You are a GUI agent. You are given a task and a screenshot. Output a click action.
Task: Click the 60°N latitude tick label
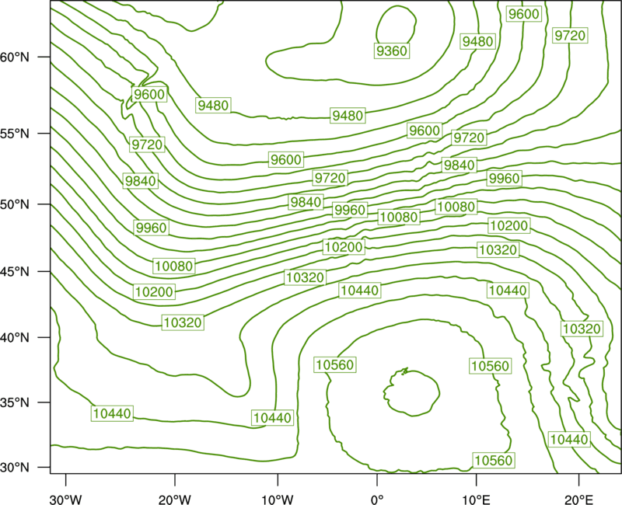15,57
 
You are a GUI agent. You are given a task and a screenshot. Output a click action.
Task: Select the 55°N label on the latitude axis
15,133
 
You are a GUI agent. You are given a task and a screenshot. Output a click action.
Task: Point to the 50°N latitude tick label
15,204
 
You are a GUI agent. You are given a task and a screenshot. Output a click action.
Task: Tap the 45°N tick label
15,271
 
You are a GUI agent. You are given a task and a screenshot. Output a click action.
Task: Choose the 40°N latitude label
15,337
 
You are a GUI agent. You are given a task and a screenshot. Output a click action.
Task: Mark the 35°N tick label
15,402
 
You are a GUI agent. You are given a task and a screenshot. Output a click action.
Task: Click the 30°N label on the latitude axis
15,468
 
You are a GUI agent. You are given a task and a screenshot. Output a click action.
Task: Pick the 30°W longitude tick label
66,500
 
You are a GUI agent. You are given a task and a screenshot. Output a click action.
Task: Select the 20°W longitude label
175,500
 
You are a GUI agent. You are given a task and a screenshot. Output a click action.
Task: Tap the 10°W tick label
278,500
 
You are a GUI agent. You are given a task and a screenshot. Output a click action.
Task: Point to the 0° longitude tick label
377,500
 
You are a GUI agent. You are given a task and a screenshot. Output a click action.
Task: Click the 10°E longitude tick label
476,500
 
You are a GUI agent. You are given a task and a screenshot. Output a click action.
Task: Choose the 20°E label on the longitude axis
578,500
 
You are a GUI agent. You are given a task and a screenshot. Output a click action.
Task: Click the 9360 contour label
392,50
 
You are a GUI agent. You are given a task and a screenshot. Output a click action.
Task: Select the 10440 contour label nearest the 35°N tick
112,413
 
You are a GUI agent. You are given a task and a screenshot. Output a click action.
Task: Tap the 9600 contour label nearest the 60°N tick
149,94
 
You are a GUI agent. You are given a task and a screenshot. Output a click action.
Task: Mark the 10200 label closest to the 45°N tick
154,292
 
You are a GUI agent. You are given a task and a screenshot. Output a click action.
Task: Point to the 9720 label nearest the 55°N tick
147,145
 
